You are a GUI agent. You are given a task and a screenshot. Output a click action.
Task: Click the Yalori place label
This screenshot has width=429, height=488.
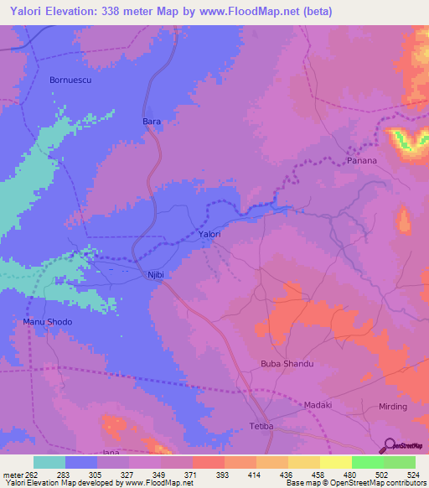coord(209,235)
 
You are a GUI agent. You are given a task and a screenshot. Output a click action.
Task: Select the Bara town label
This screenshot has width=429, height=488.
coord(151,122)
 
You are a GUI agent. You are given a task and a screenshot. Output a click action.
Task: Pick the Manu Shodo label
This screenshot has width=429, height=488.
coord(47,322)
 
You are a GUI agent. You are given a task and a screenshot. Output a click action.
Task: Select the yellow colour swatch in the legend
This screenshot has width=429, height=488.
coord(335,461)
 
